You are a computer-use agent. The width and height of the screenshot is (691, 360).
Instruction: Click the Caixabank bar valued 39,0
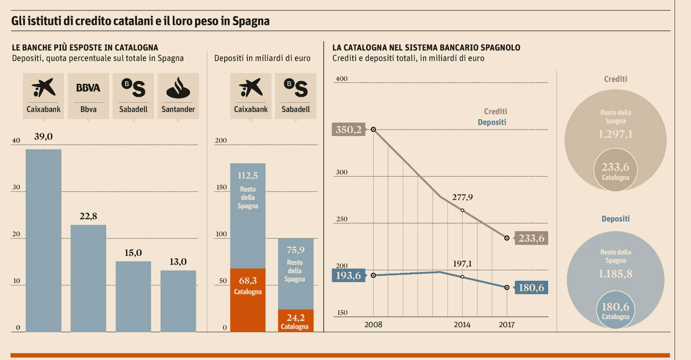43,240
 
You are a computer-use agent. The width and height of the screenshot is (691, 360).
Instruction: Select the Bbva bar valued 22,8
88,278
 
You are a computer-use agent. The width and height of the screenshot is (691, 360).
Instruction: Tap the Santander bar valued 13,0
178,301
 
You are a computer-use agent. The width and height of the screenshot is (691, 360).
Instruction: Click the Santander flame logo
178,88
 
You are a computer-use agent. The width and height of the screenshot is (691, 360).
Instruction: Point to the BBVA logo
88,88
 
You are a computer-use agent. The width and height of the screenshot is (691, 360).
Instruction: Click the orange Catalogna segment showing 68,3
248,300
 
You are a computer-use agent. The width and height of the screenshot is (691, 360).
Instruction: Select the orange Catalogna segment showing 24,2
295,321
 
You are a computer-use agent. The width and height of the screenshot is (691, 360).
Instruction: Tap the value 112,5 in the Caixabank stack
248,176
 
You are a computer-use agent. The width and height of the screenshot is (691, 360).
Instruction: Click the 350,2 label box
348,130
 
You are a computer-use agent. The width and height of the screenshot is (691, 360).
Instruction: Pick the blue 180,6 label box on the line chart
531,288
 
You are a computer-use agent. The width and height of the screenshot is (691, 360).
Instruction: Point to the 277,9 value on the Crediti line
462,197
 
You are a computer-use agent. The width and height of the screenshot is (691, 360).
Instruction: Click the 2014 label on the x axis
462,325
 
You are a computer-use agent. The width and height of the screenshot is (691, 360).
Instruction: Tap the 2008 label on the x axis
373,325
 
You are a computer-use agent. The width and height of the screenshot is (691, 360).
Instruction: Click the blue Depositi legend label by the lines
492,122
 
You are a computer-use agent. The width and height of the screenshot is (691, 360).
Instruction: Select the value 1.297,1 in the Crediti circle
615,134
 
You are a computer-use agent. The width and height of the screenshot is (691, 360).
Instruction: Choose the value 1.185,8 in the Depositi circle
615,274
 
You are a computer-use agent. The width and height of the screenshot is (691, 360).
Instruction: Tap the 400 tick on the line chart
341,79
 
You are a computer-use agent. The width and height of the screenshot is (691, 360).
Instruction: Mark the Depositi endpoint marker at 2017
507,288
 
